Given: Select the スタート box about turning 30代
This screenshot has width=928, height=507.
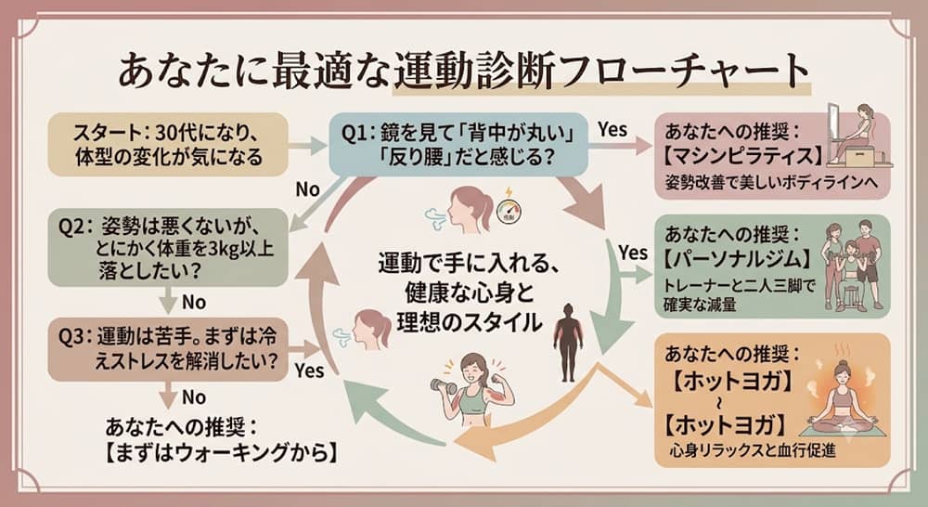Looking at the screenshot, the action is coord(168,145).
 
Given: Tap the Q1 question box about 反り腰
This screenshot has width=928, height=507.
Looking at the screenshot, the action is coord(458,145).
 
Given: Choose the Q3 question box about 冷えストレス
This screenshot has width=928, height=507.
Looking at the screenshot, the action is coord(168,349).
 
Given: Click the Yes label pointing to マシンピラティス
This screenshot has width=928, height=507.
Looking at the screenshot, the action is coord(612,129).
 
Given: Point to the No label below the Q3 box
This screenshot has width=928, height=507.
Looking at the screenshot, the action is coord(194,396).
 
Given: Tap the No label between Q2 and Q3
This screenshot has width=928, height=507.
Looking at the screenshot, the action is coord(194,302).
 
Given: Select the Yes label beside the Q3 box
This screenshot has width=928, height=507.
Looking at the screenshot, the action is coord(310,370).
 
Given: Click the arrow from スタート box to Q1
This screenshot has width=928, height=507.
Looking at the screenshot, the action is coord(308,145).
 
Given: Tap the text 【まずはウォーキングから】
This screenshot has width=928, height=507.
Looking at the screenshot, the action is coord(222,453).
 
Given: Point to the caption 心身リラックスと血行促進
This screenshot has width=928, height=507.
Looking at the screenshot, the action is coord(753,450).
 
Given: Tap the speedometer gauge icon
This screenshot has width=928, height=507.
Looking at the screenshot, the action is coord(508,212).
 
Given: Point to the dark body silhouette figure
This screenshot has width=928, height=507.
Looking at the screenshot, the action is coord(568,343).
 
